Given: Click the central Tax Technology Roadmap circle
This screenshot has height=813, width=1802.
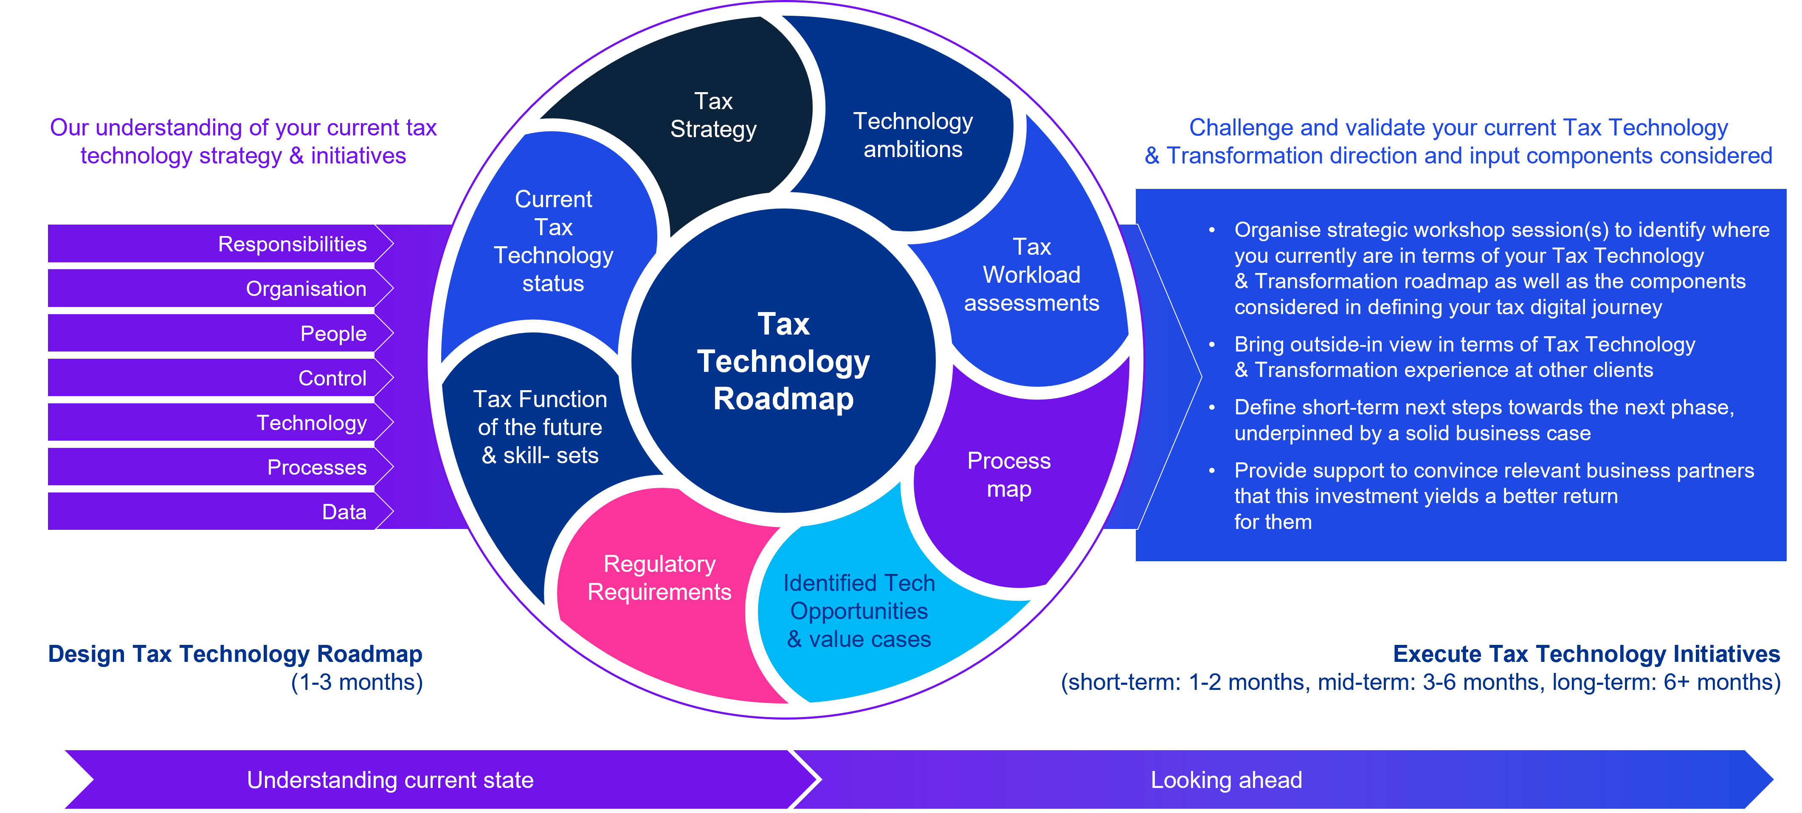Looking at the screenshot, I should (x=783, y=361).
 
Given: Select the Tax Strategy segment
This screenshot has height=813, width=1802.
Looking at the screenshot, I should (x=713, y=115).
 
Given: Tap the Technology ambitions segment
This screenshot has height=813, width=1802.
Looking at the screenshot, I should (x=913, y=135).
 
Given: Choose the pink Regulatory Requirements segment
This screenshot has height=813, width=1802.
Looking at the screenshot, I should (x=659, y=578).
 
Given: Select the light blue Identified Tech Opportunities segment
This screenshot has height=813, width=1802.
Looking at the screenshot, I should (x=859, y=611).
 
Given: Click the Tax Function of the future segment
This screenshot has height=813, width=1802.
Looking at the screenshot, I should (x=540, y=427).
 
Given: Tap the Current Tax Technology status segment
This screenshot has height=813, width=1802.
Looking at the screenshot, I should (x=553, y=242).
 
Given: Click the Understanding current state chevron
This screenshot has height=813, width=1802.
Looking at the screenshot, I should (x=390, y=779).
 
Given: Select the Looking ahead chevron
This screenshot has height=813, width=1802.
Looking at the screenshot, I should (x=1226, y=779).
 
